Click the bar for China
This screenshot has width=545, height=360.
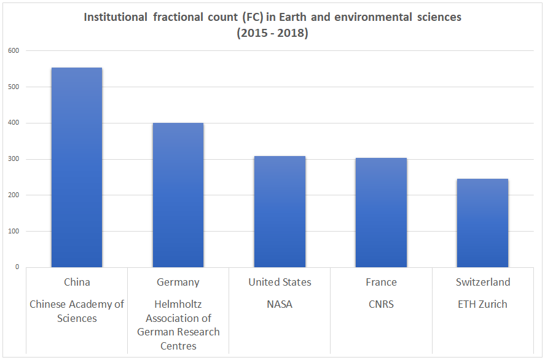pos(77,167)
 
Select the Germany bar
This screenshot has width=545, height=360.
pos(178,195)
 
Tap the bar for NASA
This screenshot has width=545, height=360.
pos(280,211)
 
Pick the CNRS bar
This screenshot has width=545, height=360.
pos(382,213)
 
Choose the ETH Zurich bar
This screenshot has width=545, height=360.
pos(482,223)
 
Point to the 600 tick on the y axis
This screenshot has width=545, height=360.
pos(14,51)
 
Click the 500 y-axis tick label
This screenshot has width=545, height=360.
pos(14,87)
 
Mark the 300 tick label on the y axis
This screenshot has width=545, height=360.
pos(14,159)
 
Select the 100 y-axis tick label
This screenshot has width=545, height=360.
pos(14,231)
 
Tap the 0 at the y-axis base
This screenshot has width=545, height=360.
pos(17,267)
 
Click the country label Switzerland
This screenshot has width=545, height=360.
pos(483,282)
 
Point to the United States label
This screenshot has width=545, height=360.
pos(280,282)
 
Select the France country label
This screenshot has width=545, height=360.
pos(382,282)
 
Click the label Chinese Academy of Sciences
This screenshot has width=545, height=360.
pos(77,311)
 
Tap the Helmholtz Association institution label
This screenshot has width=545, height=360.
pos(178,325)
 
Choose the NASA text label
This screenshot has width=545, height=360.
pos(280,304)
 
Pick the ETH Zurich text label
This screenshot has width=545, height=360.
pos(482,304)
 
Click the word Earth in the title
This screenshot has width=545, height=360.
pos(292,17)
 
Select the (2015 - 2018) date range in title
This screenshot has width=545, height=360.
pos(273,33)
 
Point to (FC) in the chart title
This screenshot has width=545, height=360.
pos(253,17)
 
